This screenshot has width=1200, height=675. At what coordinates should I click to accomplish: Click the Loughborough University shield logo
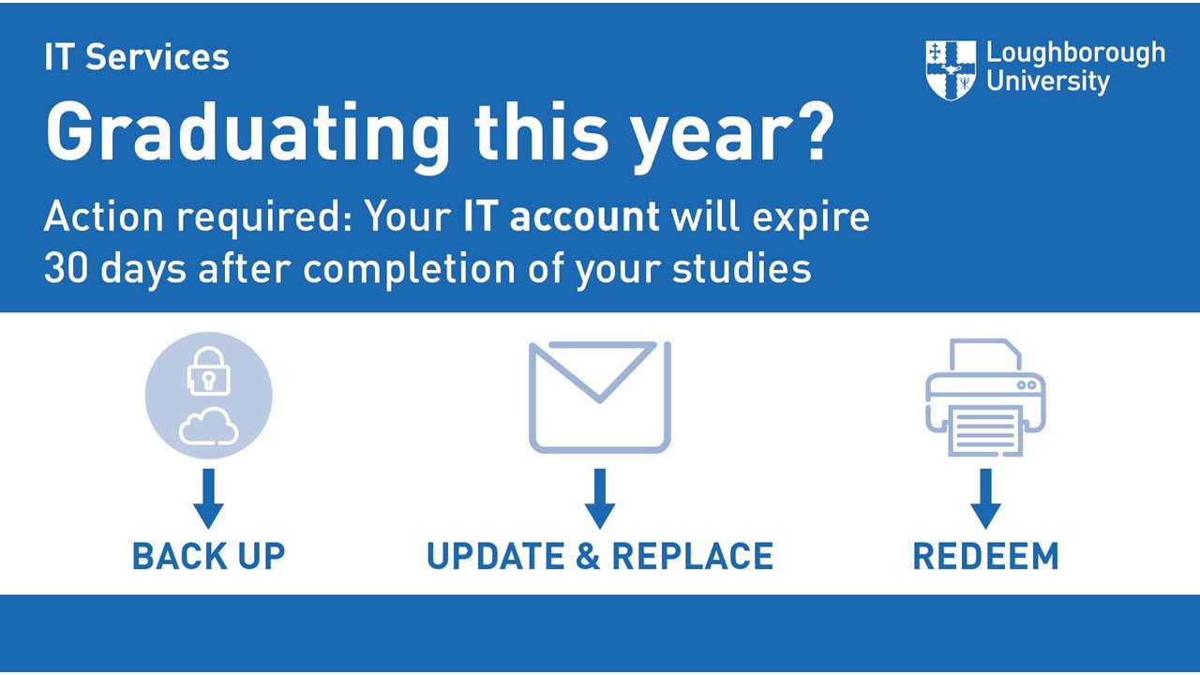tap(951, 70)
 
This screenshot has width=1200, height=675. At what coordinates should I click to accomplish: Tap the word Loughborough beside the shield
tap(1075, 54)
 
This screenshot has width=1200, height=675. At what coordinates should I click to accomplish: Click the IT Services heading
tap(137, 57)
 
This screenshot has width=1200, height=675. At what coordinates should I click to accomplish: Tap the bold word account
tap(584, 217)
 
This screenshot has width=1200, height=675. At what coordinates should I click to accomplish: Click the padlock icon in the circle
tap(209, 371)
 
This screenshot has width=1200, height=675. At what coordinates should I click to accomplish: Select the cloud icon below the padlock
tap(209, 426)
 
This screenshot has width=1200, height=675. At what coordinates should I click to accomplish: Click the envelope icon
tap(600, 397)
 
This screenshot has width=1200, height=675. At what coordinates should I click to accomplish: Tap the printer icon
tap(985, 397)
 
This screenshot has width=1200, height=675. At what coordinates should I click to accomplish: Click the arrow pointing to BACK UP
tap(209, 499)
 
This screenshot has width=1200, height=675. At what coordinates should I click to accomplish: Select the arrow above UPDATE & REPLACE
tap(600, 499)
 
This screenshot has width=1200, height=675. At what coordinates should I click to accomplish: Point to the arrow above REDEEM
tap(985, 499)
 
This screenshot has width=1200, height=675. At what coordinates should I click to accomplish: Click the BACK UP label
tap(209, 556)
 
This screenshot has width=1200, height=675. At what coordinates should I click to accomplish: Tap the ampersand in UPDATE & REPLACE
tap(588, 556)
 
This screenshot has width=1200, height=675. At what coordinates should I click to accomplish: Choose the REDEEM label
tap(985, 556)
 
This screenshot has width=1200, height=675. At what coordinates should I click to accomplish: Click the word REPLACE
tap(693, 556)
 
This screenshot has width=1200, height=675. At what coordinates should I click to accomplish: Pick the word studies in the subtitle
tap(742, 268)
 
